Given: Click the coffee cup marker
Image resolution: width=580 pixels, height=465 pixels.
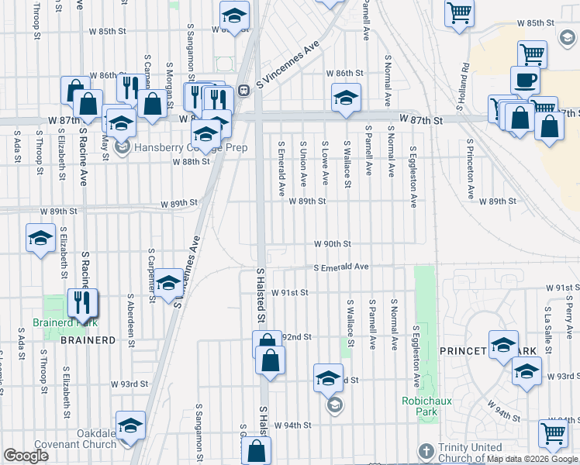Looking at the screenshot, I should coord(525,80).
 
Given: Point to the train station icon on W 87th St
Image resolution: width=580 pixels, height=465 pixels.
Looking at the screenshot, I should coord(243,90).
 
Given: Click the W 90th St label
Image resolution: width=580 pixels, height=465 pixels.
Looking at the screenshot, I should coord(333,243).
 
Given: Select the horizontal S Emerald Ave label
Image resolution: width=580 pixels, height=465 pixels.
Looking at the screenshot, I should coord(340,267).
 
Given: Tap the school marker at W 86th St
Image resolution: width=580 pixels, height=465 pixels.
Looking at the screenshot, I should coord(346,98).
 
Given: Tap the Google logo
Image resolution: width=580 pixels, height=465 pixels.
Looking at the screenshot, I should coord(26,456).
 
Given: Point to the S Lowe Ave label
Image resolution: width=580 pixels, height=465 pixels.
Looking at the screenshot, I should coord(325,164).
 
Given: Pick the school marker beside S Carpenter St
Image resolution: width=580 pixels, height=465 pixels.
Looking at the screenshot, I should coord(168,284).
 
